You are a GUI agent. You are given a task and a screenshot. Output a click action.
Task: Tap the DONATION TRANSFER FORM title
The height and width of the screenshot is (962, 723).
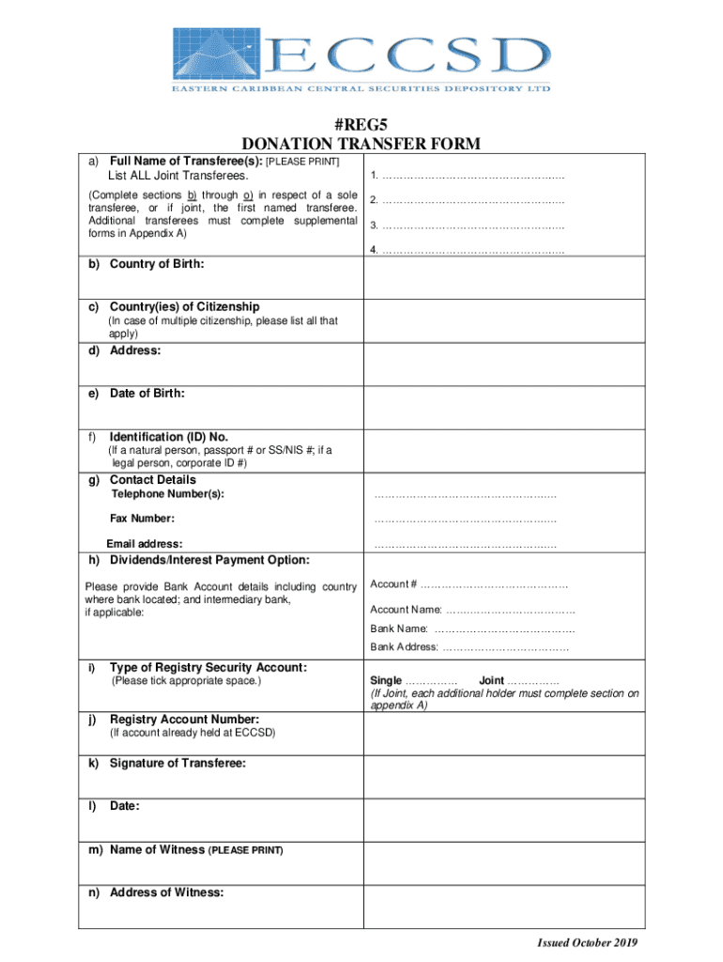click(361, 144)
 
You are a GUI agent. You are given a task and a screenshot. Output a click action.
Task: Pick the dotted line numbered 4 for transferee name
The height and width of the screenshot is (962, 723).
click(473, 250)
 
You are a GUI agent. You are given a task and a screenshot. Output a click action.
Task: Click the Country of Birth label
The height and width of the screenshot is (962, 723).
click(157, 264)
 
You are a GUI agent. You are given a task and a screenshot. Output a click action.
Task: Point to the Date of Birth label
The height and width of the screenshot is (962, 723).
click(146, 394)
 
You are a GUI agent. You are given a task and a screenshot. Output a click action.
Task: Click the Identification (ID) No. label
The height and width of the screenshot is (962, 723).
click(169, 437)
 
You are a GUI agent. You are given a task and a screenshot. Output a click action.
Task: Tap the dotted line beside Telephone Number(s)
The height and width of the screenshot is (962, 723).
click(465, 495)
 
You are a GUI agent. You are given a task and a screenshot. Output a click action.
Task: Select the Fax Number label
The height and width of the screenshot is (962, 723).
click(142, 519)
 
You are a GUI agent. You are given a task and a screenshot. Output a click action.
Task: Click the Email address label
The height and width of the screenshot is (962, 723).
click(145, 544)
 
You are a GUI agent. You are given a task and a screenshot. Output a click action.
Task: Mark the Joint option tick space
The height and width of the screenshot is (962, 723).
click(532, 681)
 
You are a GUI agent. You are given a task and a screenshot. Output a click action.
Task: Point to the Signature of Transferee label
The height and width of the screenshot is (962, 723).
click(178, 763)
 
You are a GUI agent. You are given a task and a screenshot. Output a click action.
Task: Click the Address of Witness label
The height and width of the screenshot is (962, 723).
click(167, 892)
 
